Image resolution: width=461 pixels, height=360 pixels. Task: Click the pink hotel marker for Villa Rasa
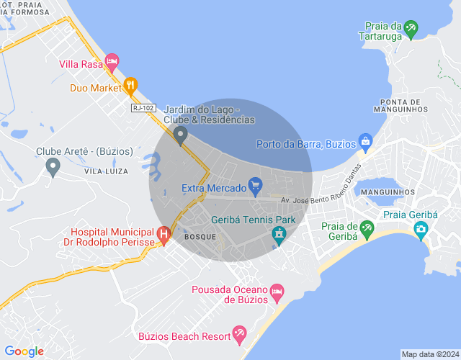(112, 63)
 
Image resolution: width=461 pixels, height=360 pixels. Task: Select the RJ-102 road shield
(143, 108)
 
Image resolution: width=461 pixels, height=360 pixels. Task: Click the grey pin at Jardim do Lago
(182, 134)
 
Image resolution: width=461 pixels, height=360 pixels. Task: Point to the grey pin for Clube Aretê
(53, 167)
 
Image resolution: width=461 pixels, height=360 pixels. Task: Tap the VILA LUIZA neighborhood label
(106, 171)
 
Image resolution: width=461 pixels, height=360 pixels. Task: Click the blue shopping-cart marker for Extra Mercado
(254, 184)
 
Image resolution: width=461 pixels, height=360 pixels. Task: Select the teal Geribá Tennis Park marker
(279, 235)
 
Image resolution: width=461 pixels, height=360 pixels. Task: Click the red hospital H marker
(164, 234)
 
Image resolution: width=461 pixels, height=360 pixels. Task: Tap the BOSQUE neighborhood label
(200, 236)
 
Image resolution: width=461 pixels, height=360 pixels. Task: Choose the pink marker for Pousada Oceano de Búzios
(276, 293)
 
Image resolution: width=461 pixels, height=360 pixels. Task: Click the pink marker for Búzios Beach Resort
(239, 334)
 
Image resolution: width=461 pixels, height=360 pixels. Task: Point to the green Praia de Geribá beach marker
(367, 230)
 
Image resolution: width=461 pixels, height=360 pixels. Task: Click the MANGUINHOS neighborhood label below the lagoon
(388, 192)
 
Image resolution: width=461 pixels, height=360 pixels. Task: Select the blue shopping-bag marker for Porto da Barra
(365, 141)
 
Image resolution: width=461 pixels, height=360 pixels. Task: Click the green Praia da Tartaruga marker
(411, 30)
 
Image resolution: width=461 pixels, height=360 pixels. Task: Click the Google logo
(24, 351)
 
